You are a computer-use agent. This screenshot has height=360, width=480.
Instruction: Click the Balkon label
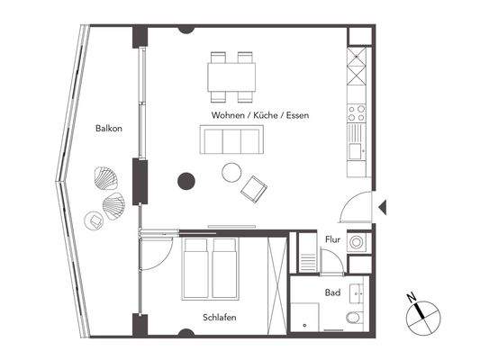pos(108,129)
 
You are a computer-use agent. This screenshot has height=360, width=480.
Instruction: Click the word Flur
pos(332,240)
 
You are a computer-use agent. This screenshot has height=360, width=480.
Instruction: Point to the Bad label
pos(332,293)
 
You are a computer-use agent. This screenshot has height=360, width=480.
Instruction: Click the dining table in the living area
pos(231,75)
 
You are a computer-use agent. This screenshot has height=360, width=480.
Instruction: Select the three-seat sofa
pos(231,141)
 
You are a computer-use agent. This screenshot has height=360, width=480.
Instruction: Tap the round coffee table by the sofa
pos(232,171)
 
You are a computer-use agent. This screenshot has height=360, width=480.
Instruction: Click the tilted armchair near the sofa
pos(254,188)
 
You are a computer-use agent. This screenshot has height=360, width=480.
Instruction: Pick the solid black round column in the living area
pos(186,181)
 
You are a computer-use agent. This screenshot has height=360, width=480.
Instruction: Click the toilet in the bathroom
pos(354,319)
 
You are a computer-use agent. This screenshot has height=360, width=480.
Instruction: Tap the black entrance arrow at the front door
pos(382,207)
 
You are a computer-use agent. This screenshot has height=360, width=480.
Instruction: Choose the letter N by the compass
pos(410,297)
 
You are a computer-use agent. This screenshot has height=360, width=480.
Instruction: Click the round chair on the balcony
pos(93,219)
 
